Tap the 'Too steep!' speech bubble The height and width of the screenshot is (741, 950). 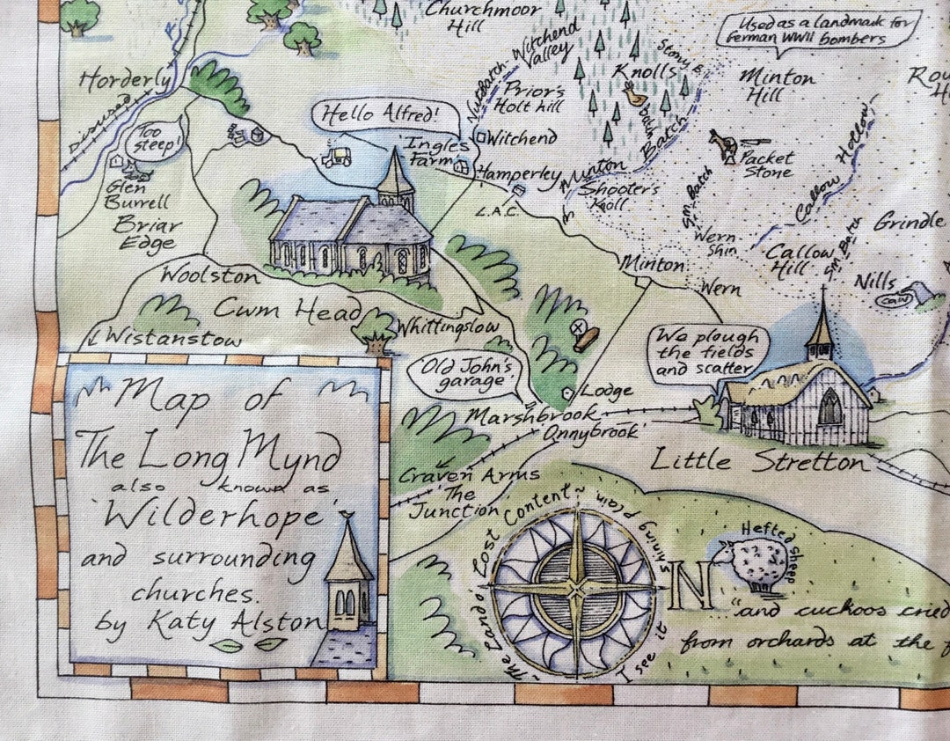click(x=155, y=138)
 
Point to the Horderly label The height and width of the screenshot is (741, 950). click(x=126, y=82)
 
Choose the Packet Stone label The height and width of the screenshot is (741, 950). click(x=767, y=165)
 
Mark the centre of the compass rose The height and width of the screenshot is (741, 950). click(x=575, y=587)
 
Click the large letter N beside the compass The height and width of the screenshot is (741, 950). click(x=691, y=588)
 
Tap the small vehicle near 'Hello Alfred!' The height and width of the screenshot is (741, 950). click(x=337, y=157)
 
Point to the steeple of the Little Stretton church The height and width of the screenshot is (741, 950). click(x=821, y=326)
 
